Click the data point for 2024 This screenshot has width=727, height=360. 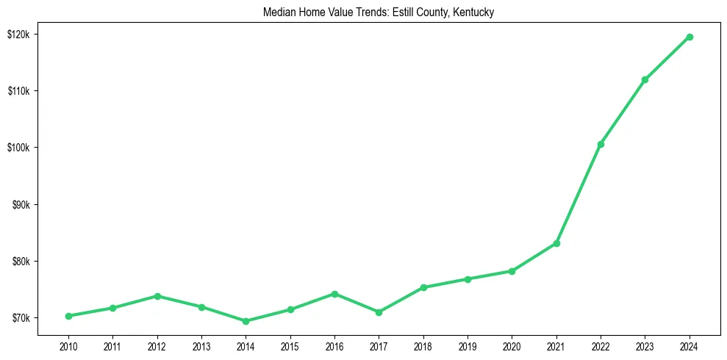[690, 37]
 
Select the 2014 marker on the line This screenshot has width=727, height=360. [246, 321]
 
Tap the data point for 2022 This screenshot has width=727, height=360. [601, 144]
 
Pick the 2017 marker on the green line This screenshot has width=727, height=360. [379, 312]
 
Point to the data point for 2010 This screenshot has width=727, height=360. [68, 316]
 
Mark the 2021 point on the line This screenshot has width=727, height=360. [556, 243]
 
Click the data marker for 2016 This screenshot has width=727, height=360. [334, 294]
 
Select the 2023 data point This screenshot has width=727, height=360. [645, 79]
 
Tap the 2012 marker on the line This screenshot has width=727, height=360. [157, 296]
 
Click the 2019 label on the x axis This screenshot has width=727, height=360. [468, 345]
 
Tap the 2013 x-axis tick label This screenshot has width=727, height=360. [201, 345]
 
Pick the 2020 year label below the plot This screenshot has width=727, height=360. [512, 345]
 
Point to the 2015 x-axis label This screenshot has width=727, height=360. [290, 345]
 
